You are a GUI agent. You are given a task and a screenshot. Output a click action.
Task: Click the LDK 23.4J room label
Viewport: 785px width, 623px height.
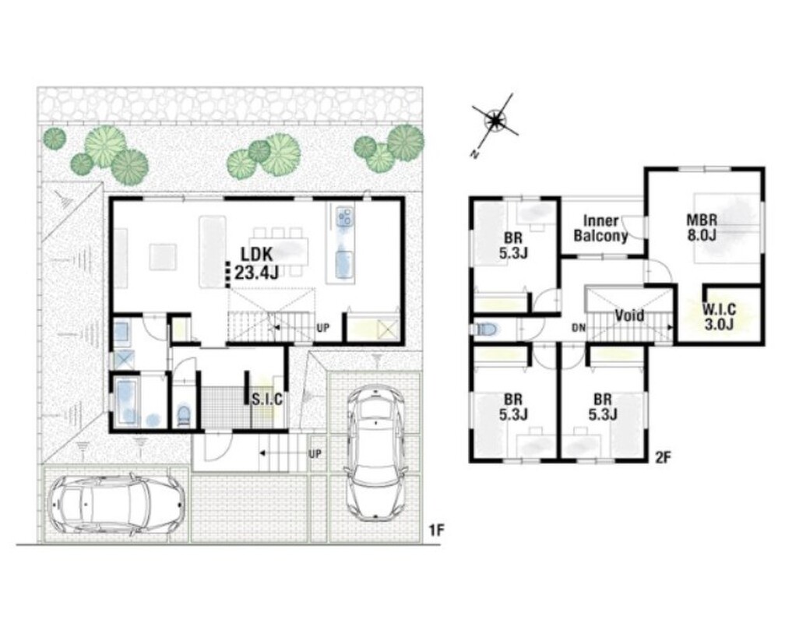coord(256,262)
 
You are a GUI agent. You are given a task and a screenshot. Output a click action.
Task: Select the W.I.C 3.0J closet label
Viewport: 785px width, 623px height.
coord(719,316)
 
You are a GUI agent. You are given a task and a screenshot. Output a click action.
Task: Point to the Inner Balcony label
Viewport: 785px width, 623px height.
coord(600,228)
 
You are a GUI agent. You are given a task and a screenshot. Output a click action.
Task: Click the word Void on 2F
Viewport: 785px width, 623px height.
coord(629,315)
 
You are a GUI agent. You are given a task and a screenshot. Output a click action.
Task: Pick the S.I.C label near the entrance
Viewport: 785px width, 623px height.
coord(267,399)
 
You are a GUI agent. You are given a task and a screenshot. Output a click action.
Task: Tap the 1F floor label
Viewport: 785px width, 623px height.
coord(437,530)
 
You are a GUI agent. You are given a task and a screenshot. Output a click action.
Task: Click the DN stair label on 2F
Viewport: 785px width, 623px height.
coord(579,329)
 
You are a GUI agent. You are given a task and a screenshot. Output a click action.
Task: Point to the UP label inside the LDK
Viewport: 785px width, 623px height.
coord(323,328)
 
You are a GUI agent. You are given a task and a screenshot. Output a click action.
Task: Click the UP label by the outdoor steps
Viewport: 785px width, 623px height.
coord(315,454)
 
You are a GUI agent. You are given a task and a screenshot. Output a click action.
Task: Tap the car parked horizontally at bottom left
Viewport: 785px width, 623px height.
coord(116,503)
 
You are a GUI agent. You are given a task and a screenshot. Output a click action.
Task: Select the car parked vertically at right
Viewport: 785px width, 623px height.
coord(375,452)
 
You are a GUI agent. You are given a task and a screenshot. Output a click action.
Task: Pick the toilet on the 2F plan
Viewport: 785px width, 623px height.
coord(484,329)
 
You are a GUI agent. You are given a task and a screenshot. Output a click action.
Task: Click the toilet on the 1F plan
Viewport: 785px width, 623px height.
coord(185,416)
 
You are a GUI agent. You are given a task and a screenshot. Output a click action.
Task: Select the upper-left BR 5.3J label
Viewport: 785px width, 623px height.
coord(513,245)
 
